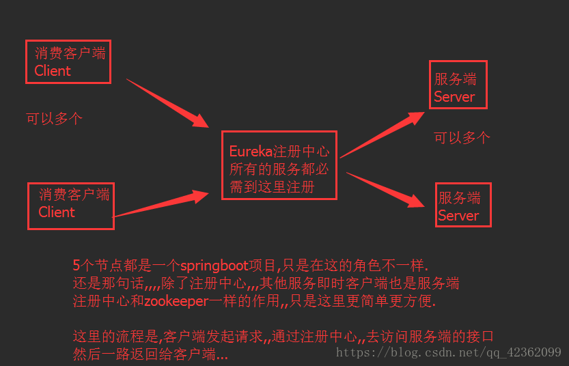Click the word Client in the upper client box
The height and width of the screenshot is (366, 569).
(53, 70)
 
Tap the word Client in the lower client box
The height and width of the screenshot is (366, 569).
(57, 212)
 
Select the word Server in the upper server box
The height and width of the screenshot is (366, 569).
(454, 97)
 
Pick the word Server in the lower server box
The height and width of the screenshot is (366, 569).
(458, 216)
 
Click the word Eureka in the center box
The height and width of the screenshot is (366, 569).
(251, 151)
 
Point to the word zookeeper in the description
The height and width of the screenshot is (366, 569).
(177, 300)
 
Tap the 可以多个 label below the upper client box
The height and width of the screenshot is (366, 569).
(54, 118)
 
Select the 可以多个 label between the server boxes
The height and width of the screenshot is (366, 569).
(462, 137)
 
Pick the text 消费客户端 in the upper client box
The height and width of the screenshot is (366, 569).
(70, 53)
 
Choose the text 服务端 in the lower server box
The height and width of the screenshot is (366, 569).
(459, 198)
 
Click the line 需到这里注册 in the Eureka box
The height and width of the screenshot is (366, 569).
(271, 187)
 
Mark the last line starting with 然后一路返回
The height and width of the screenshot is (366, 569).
(150, 354)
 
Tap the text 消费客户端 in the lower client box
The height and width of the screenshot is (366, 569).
(74, 195)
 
